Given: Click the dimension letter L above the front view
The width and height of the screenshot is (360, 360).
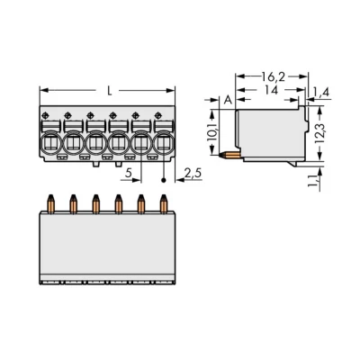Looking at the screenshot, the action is click(110, 91).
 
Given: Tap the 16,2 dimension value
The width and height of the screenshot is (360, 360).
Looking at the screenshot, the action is click(273, 77).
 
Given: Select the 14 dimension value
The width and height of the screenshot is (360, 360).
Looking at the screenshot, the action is click(272, 90).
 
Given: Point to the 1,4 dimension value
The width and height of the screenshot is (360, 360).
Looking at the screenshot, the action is click(321, 92).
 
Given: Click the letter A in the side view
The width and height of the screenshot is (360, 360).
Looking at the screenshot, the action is click(229, 100).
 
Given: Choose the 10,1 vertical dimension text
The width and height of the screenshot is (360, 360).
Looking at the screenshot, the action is click(213, 131).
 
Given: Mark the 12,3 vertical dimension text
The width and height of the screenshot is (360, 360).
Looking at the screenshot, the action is click(321, 132).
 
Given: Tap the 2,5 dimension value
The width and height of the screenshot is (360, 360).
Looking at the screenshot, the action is click(193, 174).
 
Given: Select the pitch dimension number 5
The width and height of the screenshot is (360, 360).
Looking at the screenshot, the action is click(129, 173).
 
